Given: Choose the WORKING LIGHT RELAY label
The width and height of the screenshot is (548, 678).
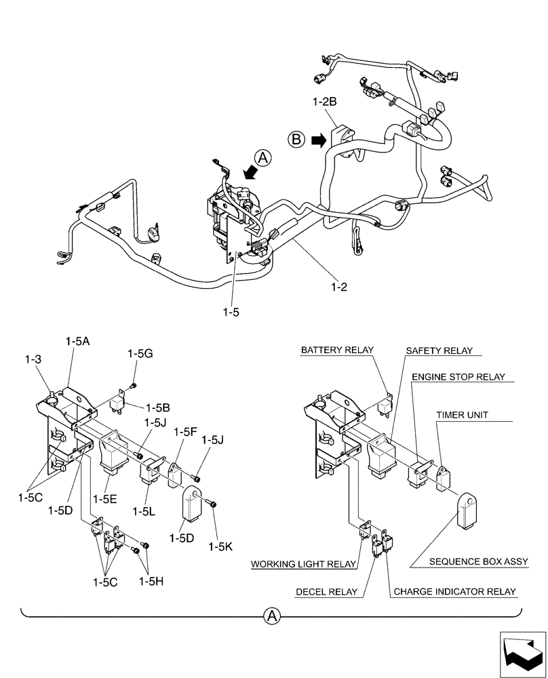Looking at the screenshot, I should coord(303,563).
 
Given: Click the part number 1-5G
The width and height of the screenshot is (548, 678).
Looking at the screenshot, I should coord(140,353).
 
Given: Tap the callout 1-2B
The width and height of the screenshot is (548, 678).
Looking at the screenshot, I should coord(326,102).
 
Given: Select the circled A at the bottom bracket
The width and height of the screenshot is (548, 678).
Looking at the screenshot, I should coord(271,616).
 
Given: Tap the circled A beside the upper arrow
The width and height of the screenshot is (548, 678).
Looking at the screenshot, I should coord(265,157).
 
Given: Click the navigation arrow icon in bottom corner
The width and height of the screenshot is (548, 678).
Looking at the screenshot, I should coord(522,654).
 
